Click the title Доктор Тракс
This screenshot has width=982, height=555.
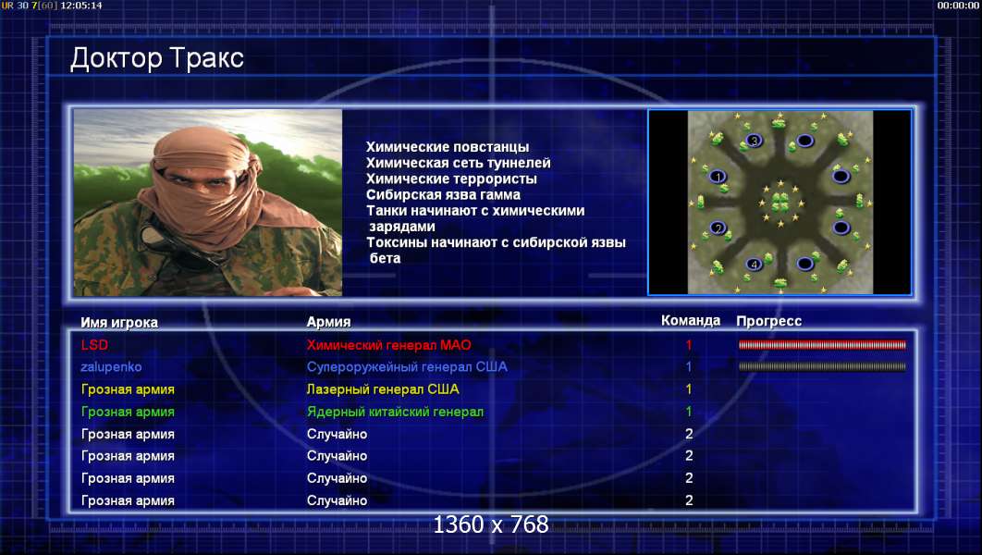(x=156, y=58)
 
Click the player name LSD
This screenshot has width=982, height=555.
(x=94, y=344)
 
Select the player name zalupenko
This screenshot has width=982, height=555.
(x=111, y=367)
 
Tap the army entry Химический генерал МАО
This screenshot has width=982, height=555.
(x=389, y=344)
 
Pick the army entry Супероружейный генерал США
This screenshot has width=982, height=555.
(x=407, y=367)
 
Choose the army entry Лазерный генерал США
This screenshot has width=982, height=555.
(x=383, y=389)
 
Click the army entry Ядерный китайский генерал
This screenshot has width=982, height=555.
(x=395, y=412)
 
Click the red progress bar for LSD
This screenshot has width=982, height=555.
(x=822, y=344)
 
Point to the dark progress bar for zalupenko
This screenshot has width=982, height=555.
(x=822, y=367)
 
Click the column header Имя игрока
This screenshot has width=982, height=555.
(x=119, y=323)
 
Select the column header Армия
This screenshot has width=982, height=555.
(x=328, y=322)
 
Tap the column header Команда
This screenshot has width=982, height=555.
(x=691, y=321)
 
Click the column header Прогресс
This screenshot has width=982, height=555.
(x=769, y=321)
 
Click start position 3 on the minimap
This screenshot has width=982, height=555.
(x=754, y=141)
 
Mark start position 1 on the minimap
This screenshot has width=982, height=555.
(x=718, y=177)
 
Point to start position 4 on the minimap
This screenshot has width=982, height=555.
(x=754, y=265)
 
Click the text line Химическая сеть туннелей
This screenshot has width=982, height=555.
(x=459, y=163)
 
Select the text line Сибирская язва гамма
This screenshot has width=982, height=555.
(x=444, y=195)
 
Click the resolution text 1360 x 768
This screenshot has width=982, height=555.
(x=491, y=524)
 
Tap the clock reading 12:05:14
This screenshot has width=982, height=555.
(x=81, y=6)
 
